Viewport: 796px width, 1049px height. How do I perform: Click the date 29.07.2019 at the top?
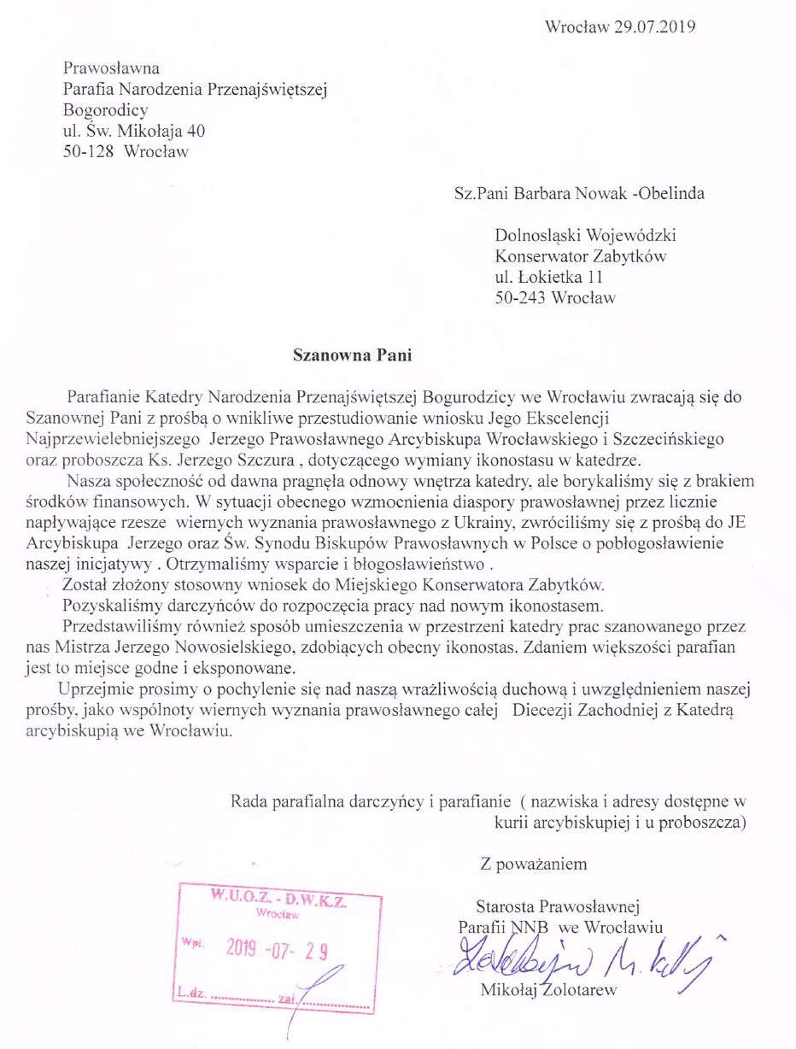(x=654, y=26)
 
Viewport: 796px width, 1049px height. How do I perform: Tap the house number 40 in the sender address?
(x=196, y=132)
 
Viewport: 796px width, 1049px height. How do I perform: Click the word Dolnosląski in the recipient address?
(x=537, y=234)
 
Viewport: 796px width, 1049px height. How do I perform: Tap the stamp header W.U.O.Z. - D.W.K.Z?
(x=272, y=899)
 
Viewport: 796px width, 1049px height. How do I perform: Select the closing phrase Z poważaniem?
(x=534, y=864)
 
